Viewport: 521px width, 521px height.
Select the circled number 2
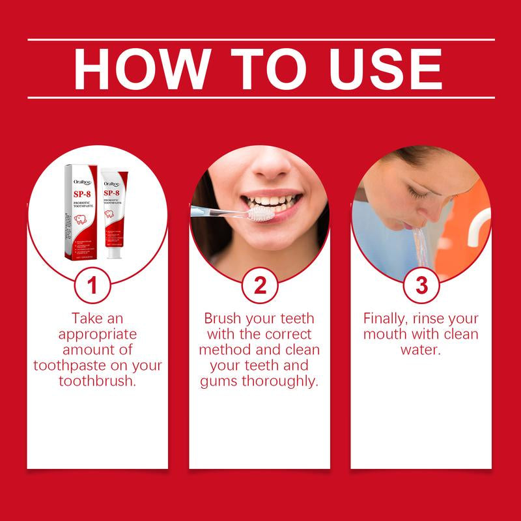[x=259, y=286]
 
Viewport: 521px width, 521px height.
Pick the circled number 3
[x=421, y=286]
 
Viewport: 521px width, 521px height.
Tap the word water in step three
[x=421, y=350]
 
